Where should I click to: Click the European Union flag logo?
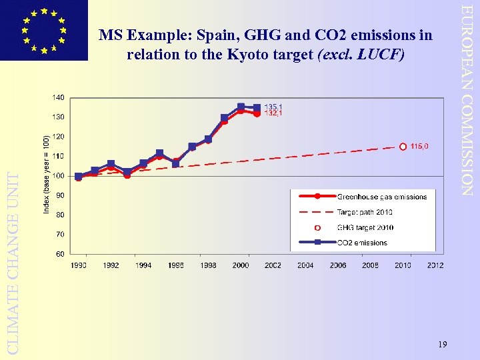[x=44, y=30]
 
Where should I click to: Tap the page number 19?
[x=443, y=344]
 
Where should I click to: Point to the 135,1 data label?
[x=274, y=107]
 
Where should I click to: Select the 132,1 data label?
[x=274, y=113]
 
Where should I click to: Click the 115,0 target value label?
[x=419, y=146]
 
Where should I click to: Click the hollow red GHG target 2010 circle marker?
[x=403, y=147]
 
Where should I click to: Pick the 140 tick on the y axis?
[x=59, y=97]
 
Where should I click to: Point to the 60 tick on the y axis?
[x=60, y=254]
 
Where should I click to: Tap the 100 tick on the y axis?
[x=59, y=176]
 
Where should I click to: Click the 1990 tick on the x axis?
[x=79, y=265]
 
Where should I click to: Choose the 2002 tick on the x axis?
[x=273, y=265]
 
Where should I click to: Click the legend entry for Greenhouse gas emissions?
[x=381, y=197]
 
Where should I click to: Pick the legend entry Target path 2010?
[x=365, y=212]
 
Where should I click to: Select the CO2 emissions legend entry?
[x=362, y=243]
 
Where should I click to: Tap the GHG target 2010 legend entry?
[x=365, y=227]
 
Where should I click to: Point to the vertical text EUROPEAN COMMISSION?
[x=469, y=100]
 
